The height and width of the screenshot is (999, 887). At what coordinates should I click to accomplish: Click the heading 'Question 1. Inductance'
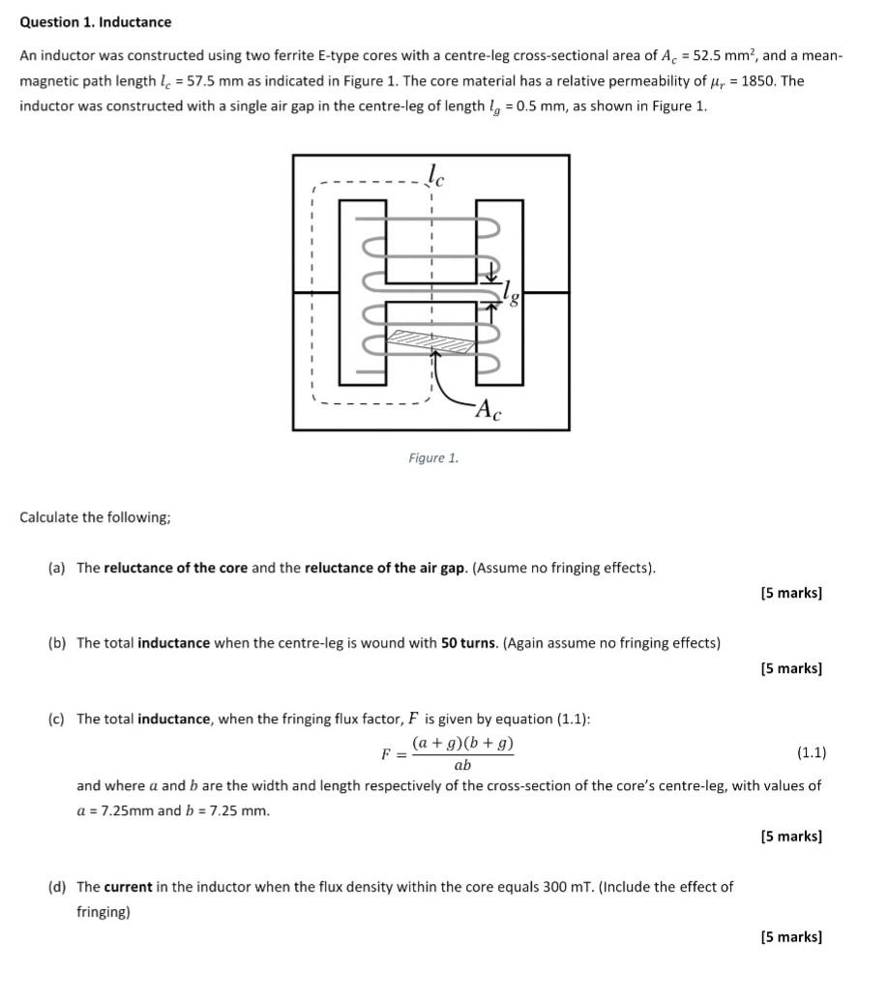point(96,22)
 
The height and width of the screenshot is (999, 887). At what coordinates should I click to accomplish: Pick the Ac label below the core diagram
point(490,413)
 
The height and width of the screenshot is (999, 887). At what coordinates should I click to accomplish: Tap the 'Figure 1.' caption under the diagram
point(433,458)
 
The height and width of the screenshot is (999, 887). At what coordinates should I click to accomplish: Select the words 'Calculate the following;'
point(96,517)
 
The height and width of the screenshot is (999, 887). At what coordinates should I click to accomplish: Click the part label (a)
point(57,568)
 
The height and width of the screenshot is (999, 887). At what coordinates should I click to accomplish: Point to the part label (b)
point(57,643)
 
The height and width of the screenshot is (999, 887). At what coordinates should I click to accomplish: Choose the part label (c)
point(57,719)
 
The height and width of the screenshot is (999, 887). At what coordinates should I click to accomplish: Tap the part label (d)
point(57,887)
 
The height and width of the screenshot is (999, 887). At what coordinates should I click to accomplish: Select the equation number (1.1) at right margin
point(811,752)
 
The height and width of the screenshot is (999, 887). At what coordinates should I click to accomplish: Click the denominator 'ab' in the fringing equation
point(462,766)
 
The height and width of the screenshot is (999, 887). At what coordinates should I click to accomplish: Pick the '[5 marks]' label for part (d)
point(791,937)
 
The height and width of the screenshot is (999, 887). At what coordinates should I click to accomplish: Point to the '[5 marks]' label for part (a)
point(791,593)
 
